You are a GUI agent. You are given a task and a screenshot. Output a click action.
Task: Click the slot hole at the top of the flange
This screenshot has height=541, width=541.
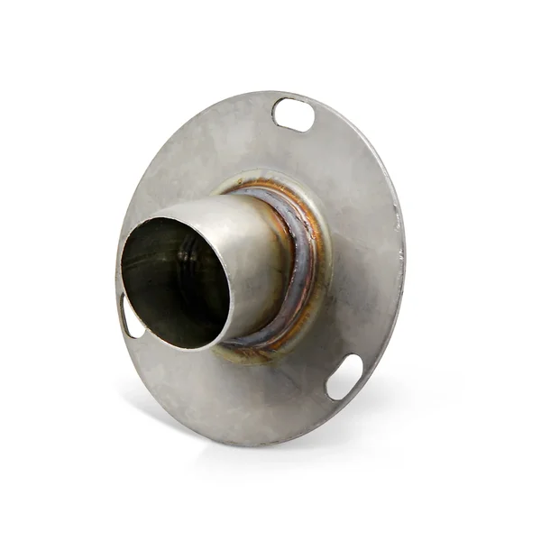tap(294, 115)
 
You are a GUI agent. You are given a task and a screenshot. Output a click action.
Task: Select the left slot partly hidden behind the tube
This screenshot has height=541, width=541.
tap(129, 317)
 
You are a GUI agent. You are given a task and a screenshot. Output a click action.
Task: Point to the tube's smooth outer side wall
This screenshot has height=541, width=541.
tap(257, 261)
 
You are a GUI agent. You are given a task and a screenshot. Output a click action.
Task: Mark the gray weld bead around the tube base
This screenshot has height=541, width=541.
tap(301, 261)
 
